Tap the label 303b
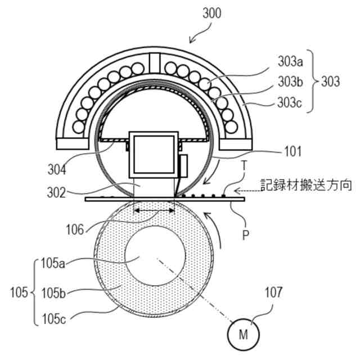point(291,82)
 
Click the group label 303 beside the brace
point(330,82)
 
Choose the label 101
point(292,151)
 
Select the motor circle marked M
point(244,335)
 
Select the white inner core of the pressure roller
point(154,256)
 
